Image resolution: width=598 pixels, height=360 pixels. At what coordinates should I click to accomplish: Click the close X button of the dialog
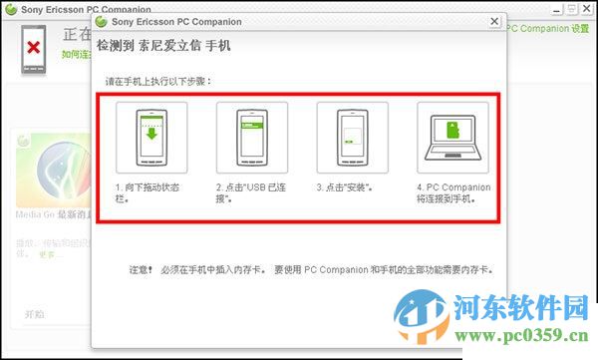coord(494,20)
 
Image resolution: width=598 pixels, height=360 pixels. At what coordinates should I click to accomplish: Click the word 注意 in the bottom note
coord(141,270)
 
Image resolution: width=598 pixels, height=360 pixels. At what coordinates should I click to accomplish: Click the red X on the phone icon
coord(34,47)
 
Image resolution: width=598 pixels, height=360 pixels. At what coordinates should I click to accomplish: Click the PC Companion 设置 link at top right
coord(548,29)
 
